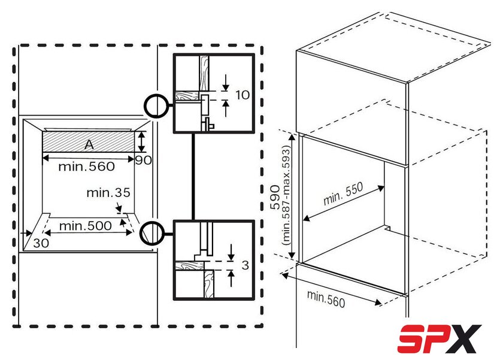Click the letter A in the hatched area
(89, 145)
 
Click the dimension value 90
(143, 160)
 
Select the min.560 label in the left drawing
(86, 167)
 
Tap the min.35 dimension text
(108, 192)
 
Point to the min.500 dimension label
(85, 226)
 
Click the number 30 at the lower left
(41, 243)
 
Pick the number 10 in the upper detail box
(243, 95)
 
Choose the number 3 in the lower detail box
(245, 265)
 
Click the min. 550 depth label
(343, 193)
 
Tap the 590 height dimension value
(275, 197)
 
